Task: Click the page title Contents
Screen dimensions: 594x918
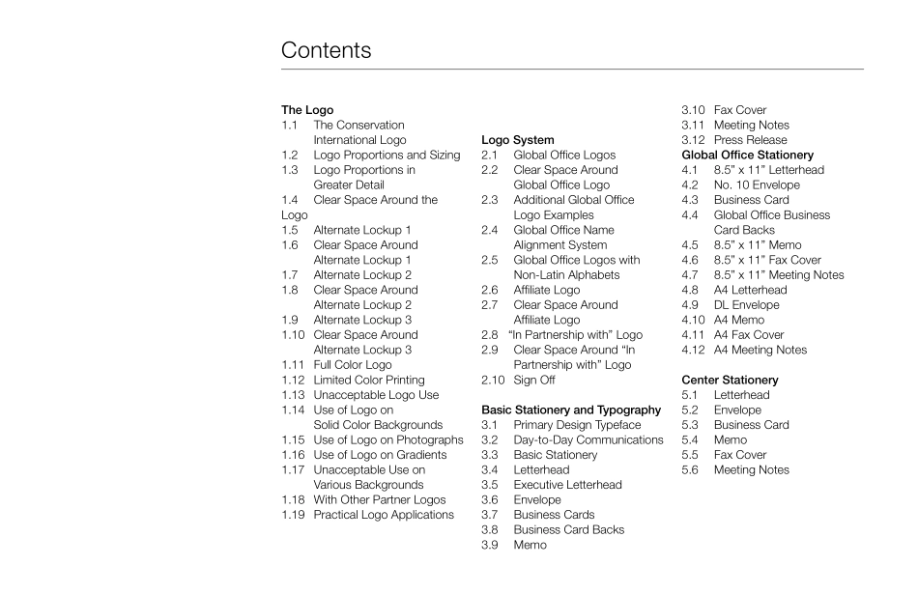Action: (326, 50)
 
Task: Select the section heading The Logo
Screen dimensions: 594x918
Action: (306, 110)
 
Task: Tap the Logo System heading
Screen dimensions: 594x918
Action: (517, 140)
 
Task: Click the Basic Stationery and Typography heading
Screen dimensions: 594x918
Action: (571, 410)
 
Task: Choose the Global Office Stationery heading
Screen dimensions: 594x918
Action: (747, 155)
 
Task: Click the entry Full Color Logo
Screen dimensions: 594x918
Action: (353, 365)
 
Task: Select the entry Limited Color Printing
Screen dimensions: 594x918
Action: (368, 380)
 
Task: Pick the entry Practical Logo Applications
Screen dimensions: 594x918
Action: (383, 515)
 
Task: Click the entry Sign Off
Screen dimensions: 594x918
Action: (533, 380)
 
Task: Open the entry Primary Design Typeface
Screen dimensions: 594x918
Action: (577, 425)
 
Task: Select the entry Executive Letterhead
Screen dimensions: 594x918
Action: (567, 485)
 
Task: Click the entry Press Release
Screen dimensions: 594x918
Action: (750, 140)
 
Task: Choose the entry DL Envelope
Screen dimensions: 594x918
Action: (746, 304)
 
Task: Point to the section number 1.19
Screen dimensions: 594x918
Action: (294, 515)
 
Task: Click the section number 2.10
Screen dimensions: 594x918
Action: (493, 380)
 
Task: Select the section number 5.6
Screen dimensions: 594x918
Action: (690, 469)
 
